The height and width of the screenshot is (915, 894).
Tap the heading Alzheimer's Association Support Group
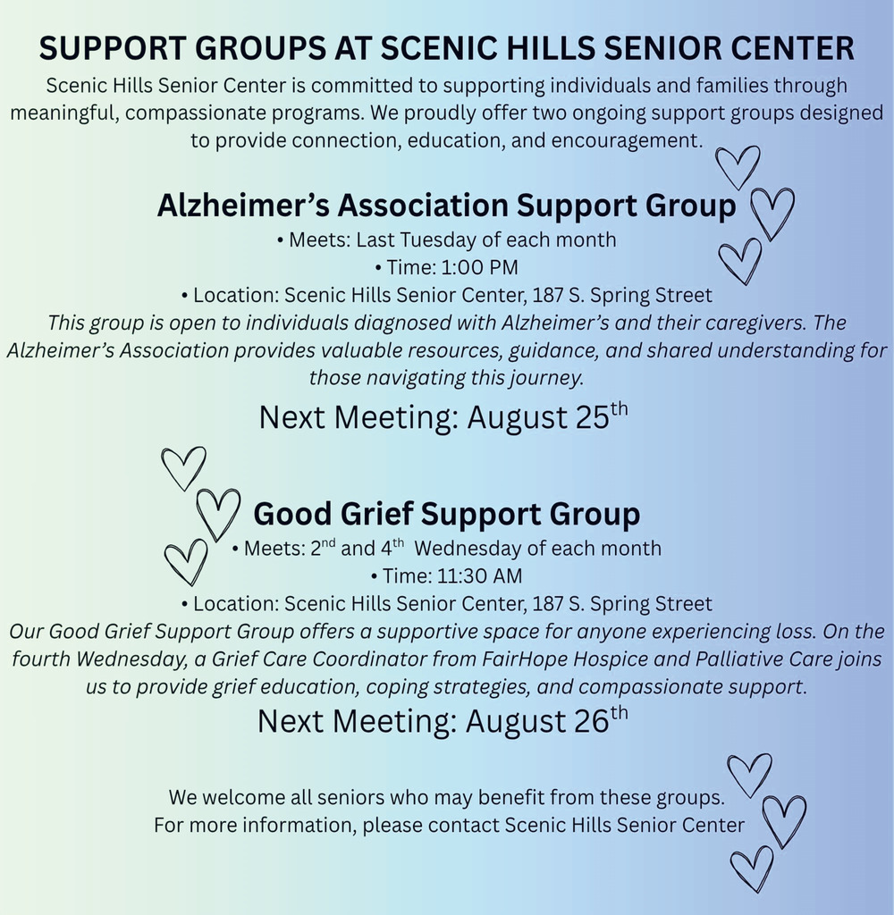pos(447,206)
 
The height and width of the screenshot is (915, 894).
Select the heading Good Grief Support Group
pos(447,514)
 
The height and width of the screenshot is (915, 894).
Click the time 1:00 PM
pos(479,267)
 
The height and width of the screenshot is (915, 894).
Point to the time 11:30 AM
pos(479,576)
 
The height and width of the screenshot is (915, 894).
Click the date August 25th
pos(548,416)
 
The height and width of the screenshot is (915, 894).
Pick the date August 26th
pos(547,720)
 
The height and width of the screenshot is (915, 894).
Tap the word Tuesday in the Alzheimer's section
pos(438,239)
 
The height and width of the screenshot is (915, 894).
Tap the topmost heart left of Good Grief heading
pos(183,469)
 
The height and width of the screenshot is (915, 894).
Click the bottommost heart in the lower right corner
pos(752,869)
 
